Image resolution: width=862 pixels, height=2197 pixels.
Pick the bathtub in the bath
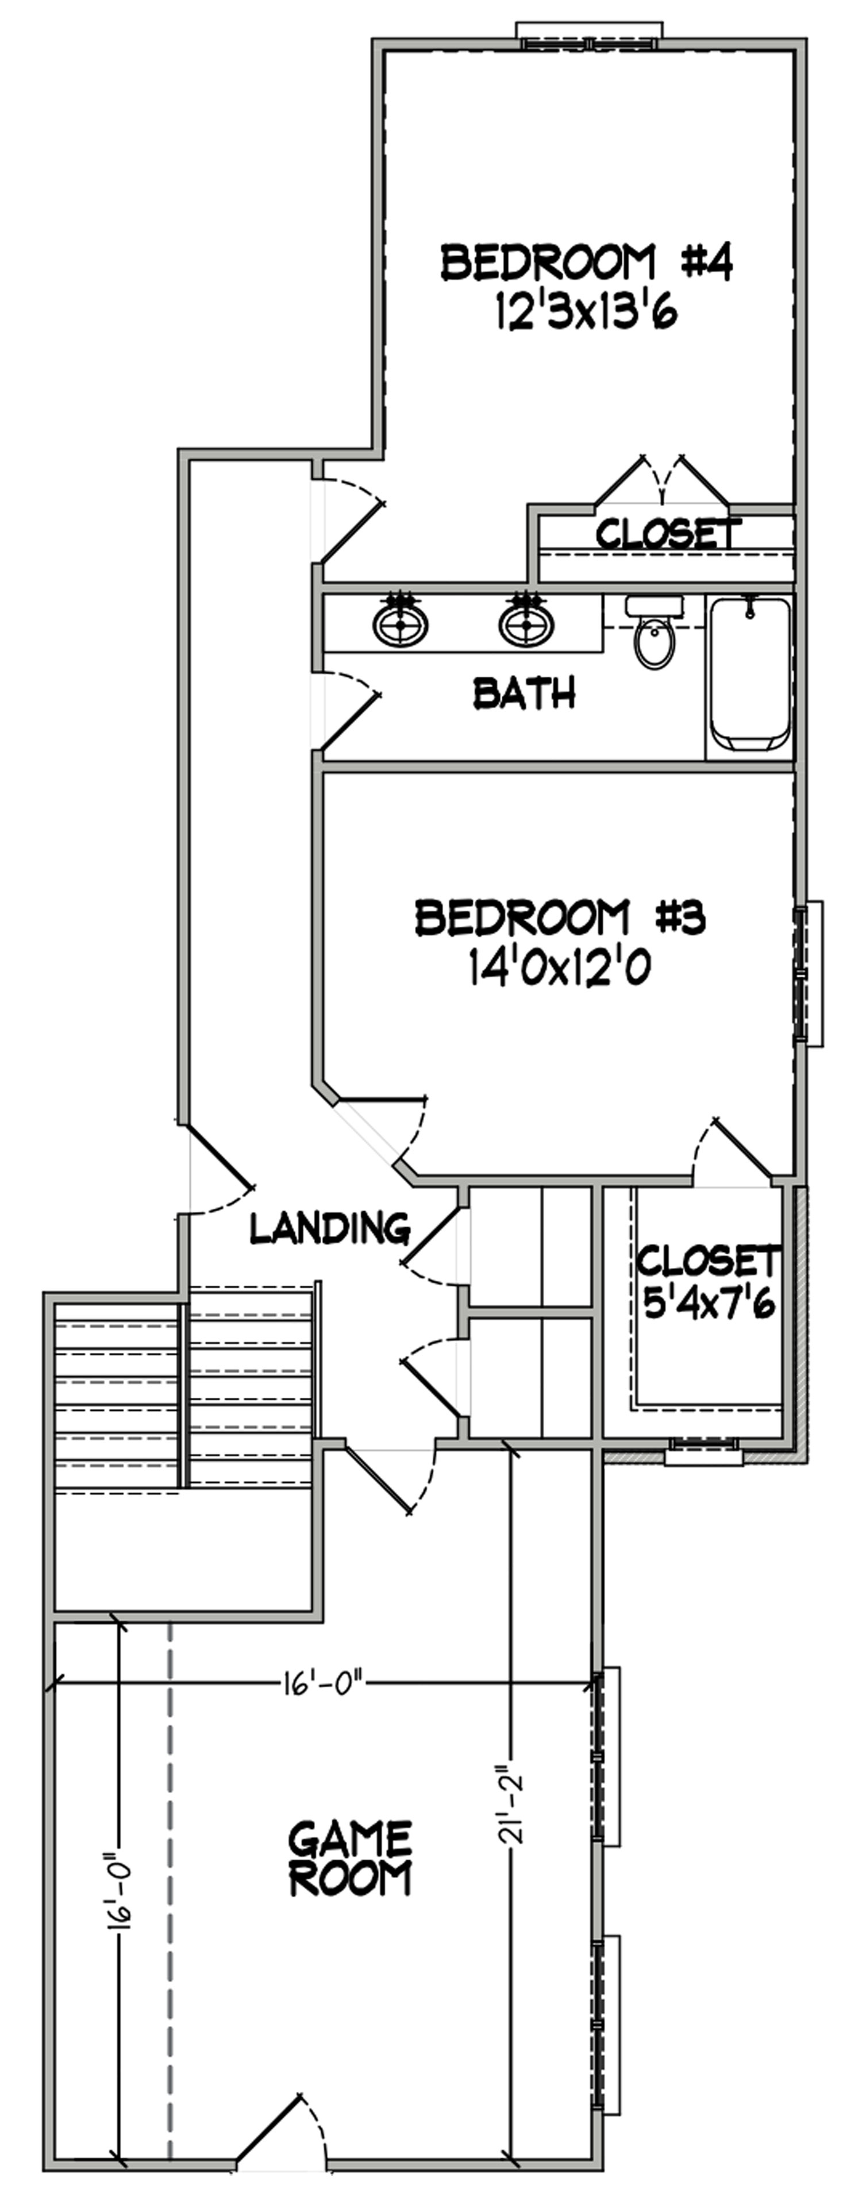pos(750,673)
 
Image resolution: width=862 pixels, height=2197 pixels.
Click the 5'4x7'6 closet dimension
pos(709,1305)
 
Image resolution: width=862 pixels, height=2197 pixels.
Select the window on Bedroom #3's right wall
pos(806,973)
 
